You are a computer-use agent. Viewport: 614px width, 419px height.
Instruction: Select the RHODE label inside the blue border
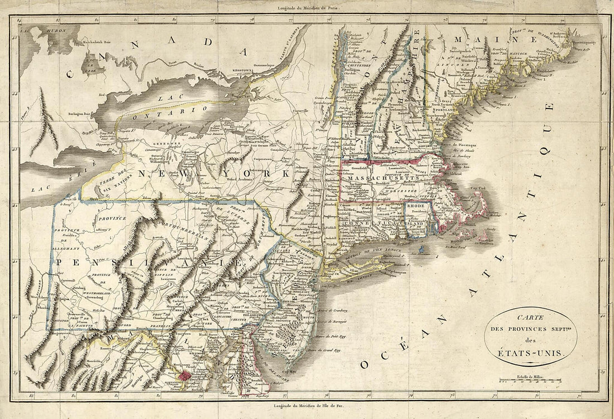coord(416,206)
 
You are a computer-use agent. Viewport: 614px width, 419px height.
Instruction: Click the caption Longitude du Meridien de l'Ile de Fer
coord(306,406)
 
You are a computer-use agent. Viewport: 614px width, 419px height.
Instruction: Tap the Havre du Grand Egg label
coord(324,351)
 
